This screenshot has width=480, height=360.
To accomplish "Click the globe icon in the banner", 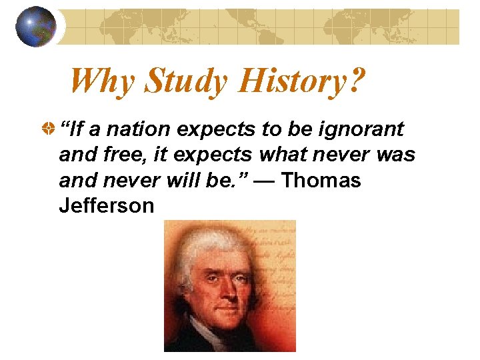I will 35,27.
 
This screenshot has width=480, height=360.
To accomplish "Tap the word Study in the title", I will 186,81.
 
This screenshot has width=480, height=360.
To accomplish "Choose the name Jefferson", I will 107,206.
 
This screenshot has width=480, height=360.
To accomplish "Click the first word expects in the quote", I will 219,129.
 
